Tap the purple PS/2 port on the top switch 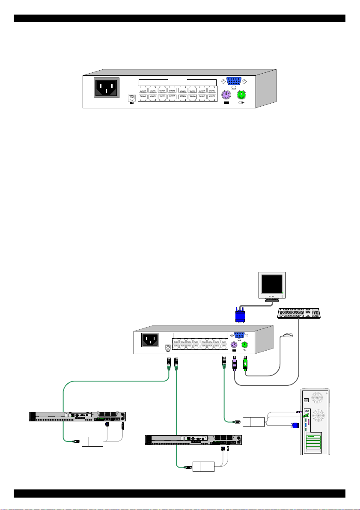pos(226,95)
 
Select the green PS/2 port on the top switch pos(242,95)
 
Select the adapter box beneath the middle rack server pos(203,466)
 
